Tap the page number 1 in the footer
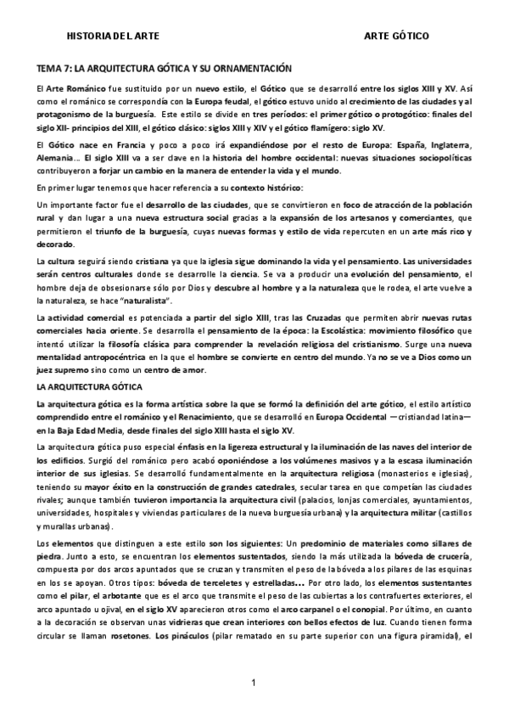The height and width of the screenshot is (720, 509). (254, 683)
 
